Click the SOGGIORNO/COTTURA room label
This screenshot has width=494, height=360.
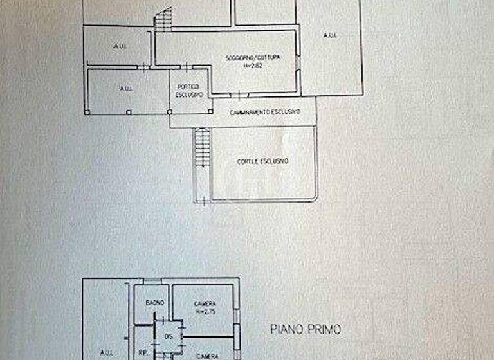pyautogui.click(x=247, y=59)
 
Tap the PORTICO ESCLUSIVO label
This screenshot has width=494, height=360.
pyautogui.click(x=189, y=91)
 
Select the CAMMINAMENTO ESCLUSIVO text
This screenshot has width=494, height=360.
pyautogui.click(x=264, y=111)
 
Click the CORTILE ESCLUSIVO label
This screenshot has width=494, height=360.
pyautogui.click(x=262, y=161)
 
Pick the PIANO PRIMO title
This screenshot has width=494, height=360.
pyautogui.click(x=305, y=330)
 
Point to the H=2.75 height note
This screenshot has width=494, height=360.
pyautogui.click(x=205, y=312)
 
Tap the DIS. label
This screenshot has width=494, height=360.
pyautogui.click(x=169, y=336)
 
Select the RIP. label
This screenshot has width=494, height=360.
pyautogui.click(x=143, y=352)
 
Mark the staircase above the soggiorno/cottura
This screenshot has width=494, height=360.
pyautogui.click(x=164, y=19)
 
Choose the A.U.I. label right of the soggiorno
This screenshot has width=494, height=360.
pyautogui.click(x=329, y=35)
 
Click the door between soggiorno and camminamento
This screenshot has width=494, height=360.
pyautogui.click(x=238, y=96)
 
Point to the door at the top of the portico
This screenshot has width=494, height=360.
pyautogui.click(x=185, y=66)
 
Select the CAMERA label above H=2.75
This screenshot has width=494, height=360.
pyautogui.click(x=205, y=304)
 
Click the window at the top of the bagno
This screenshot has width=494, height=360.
pyautogui.click(x=152, y=282)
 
